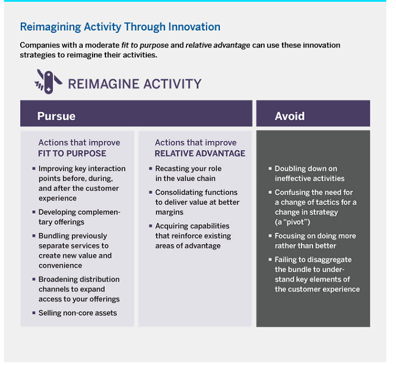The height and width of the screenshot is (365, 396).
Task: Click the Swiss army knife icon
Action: (x=48, y=82)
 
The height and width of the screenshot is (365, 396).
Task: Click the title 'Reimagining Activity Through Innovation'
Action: (x=120, y=27)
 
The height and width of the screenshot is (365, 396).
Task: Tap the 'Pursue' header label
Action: (x=56, y=116)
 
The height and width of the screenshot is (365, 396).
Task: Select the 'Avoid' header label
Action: (x=289, y=116)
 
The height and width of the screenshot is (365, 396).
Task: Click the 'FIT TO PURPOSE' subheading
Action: (x=72, y=154)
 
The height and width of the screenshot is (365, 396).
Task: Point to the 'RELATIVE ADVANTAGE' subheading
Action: (x=200, y=154)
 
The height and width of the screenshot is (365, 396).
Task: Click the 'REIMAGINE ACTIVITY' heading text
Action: (x=134, y=83)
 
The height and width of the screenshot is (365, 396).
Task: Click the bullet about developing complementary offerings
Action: (x=79, y=217)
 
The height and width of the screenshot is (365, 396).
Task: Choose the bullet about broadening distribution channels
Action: (x=79, y=289)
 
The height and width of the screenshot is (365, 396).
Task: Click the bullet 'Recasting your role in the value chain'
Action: (x=188, y=173)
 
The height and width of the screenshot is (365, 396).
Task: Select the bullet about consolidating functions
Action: (x=197, y=202)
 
